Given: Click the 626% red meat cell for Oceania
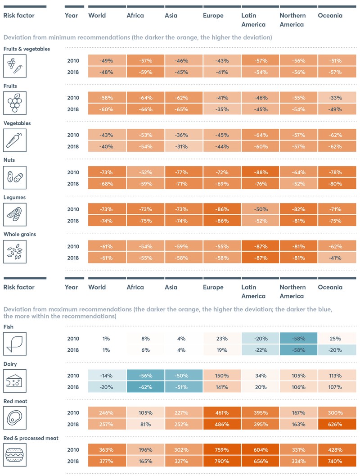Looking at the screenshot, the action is coord(337,424).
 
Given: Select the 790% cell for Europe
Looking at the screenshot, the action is coord(222,461).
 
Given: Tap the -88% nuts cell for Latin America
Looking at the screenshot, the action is coord(260,172).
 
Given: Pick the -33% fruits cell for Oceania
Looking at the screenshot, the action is coord(337,98).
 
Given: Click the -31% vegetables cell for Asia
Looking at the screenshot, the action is coord(184,146).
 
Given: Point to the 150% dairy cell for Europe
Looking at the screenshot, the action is coord(222,376).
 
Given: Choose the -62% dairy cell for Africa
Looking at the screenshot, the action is coord(146,387).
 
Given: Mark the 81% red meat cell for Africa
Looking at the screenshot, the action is coord(146,424).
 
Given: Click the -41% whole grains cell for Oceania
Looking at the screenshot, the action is coord(337,258).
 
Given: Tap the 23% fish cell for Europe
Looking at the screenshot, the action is coord(222,339).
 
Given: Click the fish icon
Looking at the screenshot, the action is coord(15,344).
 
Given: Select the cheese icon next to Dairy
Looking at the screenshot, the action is coord(15,381).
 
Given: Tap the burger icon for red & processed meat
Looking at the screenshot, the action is coord(15,455).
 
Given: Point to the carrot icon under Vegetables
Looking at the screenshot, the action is coord(15,140).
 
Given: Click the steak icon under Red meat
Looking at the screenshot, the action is coord(15,418).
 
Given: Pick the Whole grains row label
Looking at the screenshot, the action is coord(20,234).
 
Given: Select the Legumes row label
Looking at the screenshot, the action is coord(14,197).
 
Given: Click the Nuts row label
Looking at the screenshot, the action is coord(9,160).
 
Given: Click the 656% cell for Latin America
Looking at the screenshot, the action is coord(260,461).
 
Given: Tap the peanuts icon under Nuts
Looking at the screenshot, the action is coord(15,177).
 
